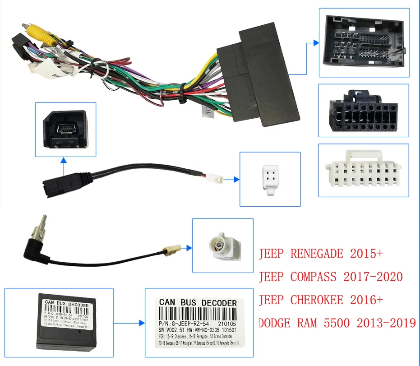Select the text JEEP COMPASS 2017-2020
click(330, 276)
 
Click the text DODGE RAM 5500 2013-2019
click(337, 323)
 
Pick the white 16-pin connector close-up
click(363, 171)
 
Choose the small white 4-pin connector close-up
click(269, 180)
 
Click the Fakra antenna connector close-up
click(222, 246)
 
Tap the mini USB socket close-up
click(65, 129)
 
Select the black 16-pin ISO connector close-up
click(363, 111)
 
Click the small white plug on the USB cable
click(218, 179)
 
